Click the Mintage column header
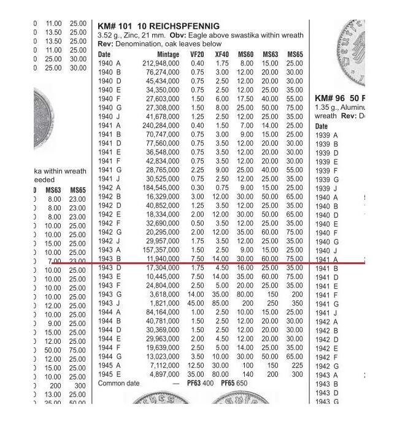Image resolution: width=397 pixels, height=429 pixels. point(168,55)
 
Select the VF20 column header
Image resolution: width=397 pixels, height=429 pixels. point(197,55)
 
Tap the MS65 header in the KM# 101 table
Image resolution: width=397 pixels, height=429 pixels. point(295,55)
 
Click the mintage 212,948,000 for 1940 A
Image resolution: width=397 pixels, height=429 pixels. point(161,63)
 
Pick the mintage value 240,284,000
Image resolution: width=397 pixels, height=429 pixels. point(161,126)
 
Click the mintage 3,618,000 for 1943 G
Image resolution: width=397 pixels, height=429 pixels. point(164,294)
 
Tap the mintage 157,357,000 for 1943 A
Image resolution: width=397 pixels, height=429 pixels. point(161,250)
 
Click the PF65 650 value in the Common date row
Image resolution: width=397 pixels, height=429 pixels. point(233,384)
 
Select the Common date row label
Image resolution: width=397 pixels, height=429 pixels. point(119,384)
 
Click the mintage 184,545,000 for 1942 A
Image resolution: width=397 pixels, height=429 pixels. point(161,188)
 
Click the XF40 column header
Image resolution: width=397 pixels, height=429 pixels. point(222,55)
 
